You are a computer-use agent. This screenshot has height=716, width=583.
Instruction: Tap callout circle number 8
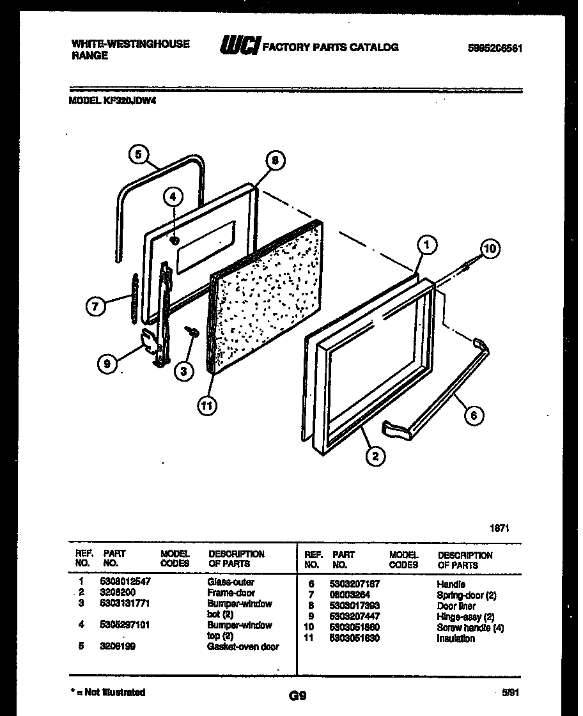point(275,162)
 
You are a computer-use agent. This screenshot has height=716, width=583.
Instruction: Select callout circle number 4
point(173,198)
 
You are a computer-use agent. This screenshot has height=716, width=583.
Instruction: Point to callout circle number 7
point(95,306)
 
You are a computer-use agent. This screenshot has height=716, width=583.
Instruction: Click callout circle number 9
point(107,364)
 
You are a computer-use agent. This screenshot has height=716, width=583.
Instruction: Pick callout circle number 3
point(185,371)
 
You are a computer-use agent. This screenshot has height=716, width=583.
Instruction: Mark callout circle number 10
point(489,249)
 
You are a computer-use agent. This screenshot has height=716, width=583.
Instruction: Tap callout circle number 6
point(474,416)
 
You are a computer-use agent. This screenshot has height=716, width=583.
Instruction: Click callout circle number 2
point(375,456)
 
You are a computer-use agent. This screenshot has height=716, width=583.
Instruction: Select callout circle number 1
point(428,244)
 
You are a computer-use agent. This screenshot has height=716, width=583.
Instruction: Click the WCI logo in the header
point(239,46)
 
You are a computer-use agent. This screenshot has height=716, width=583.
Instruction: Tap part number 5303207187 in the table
point(355,584)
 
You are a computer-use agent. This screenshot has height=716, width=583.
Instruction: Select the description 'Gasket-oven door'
point(243,646)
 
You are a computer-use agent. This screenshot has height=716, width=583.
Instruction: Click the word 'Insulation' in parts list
point(456,638)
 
